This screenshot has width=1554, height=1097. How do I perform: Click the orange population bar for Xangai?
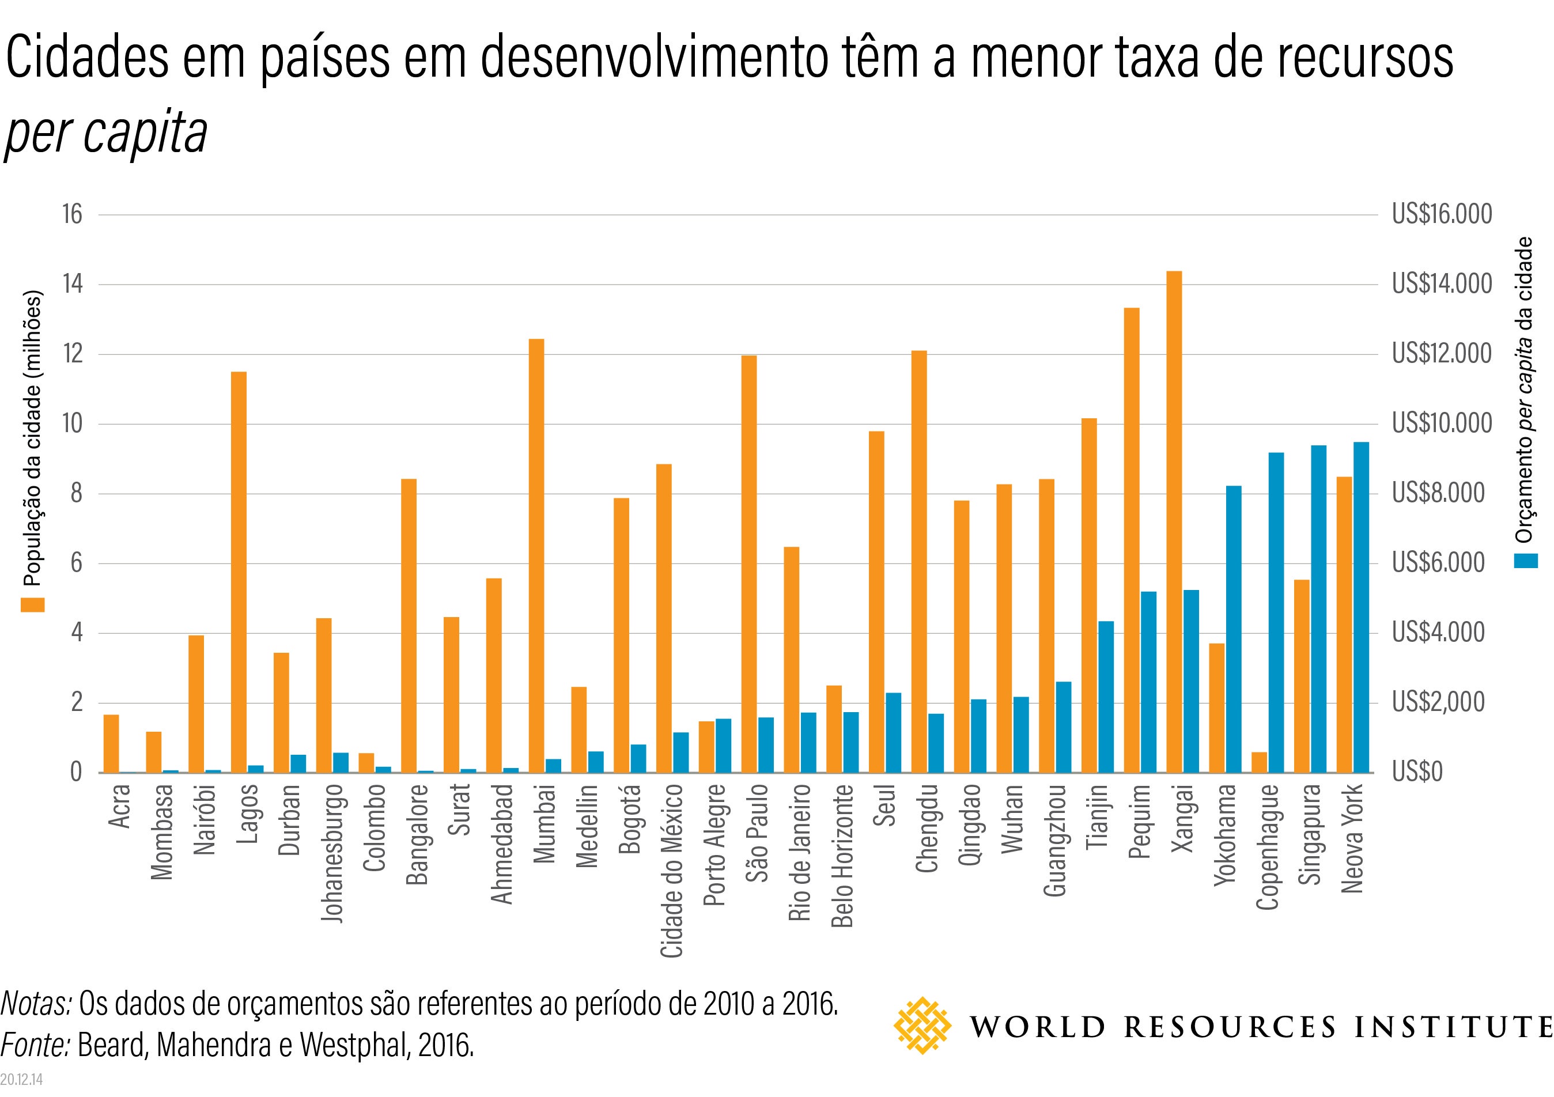click(x=1174, y=522)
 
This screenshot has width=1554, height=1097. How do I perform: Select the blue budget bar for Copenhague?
click(x=1276, y=612)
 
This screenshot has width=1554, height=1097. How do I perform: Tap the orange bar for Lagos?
click(x=239, y=573)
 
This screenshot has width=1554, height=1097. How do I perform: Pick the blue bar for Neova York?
click(x=1361, y=608)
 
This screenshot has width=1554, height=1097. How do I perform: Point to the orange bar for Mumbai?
click(x=536, y=555)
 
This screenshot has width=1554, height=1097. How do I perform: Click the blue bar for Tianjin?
click(x=1106, y=697)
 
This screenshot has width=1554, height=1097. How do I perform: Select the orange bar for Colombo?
click(x=366, y=763)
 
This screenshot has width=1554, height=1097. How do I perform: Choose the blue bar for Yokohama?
click(x=1234, y=629)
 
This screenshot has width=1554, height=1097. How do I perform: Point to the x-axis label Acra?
click(x=120, y=806)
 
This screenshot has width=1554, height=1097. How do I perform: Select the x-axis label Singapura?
click(x=1311, y=834)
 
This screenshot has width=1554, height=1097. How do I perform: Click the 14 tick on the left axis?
click(x=73, y=284)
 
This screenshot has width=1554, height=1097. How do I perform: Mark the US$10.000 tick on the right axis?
click(x=1442, y=423)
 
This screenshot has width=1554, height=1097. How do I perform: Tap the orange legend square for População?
click(x=32, y=604)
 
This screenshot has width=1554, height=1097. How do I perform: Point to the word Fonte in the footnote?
click(x=35, y=1046)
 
